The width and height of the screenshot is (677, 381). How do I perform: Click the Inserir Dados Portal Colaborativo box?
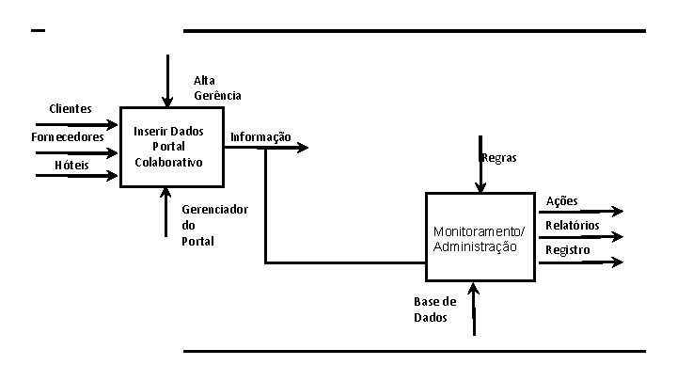pyautogui.click(x=171, y=147)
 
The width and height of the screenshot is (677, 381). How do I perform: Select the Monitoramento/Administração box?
pyautogui.click(x=480, y=238)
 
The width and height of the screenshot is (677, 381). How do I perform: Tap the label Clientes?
pyautogui.click(x=71, y=108)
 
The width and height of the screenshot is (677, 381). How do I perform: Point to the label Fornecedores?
pyautogui.click(x=67, y=137)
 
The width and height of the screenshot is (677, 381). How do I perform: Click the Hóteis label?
pyautogui.click(x=71, y=166)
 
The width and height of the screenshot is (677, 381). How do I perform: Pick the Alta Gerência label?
pyautogui.click(x=217, y=87)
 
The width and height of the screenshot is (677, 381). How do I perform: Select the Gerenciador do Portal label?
pyautogui.click(x=214, y=225)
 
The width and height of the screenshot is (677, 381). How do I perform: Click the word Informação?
pyautogui.click(x=260, y=137)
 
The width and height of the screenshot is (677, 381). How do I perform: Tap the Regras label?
pyautogui.click(x=499, y=158)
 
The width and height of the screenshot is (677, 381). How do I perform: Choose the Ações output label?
pyautogui.click(x=562, y=200)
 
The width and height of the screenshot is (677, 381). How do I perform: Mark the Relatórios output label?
pyautogui.click(x=573, y=226)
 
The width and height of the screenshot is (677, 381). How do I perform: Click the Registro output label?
pyautogui.click(x=568, y=250)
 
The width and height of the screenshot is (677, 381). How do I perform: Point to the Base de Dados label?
pyautogui.click(x=434, y=310)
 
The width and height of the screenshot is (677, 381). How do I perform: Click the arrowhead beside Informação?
pyautogui.click(x=302, y=148)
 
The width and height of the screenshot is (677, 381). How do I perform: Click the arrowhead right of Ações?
pyautogui.click(x=617, y=212)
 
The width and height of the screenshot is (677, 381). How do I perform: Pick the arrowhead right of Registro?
pyautogui.click(x=617, y=262)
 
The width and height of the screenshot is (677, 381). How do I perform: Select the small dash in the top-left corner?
pyautogui.click(x=38, y=31)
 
